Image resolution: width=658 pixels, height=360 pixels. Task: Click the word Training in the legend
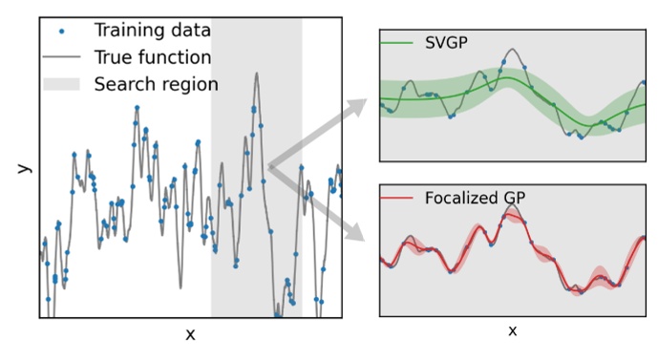[x=128, y=31]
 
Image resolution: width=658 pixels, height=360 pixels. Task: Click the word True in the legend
[x=115, y=57]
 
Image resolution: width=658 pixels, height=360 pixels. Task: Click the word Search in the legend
[x=123, y=84]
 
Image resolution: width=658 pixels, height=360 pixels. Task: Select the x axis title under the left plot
[x=190, y=334]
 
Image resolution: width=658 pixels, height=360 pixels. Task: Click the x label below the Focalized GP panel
[x=512, y=331]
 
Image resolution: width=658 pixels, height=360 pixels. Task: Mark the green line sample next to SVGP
[x=395, y=43]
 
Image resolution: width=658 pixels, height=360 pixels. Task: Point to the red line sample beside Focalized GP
[x=395, y=199]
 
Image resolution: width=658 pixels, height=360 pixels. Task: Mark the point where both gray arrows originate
[x=270, y=167]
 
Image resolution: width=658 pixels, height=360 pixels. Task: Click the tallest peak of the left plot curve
[x=256, y=74]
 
